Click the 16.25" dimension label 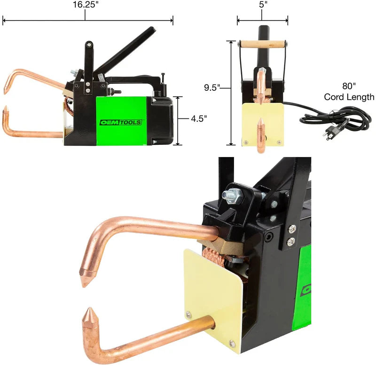[x=86, y=5]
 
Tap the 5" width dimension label [x=263, y=5]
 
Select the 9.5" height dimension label [x=212, y=87]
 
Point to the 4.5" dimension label [x=199, y=118]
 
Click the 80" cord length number [x=349, y=86]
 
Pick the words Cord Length [x=349, y=97]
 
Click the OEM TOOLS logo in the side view [x=121, y=123]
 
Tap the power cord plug [x=329, y=135]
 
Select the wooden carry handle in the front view [x=263, y=44]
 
